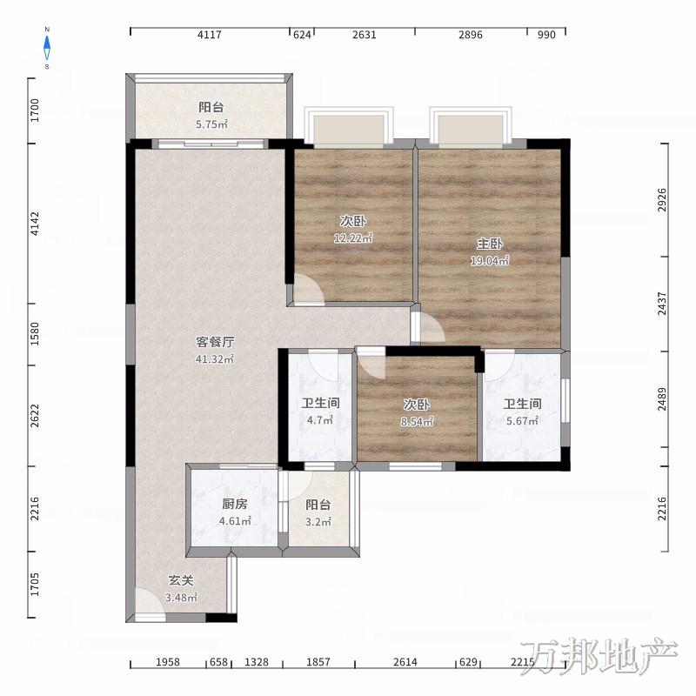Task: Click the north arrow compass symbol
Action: (x=47, y=48)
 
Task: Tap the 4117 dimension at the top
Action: (x=210, y=35)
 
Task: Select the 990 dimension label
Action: (x=546, y=35)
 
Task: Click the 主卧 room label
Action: (x=490, y=244)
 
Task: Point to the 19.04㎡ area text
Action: (x=490, y=261)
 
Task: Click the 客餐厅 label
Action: (x=215, y=342)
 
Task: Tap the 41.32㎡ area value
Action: (x=215, y=359)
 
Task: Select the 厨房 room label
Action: (x=235, y=504)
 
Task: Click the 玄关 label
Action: (x=181, y=580)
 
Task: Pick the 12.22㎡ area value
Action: (x=353, y=238)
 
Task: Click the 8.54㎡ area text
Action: (x=417, y=422)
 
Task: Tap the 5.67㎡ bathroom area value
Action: (x=523, y=421)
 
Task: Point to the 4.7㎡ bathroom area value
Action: (x=320, y=420)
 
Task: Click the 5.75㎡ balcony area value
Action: (x=211, y=124)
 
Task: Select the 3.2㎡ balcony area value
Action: (x=318, y=522)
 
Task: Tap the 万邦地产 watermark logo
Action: (x=599, y=657)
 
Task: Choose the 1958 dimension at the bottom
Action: (x=168, y=662)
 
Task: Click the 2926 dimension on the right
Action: (x=662, y=200)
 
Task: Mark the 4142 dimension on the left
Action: (x=35, y=224)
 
